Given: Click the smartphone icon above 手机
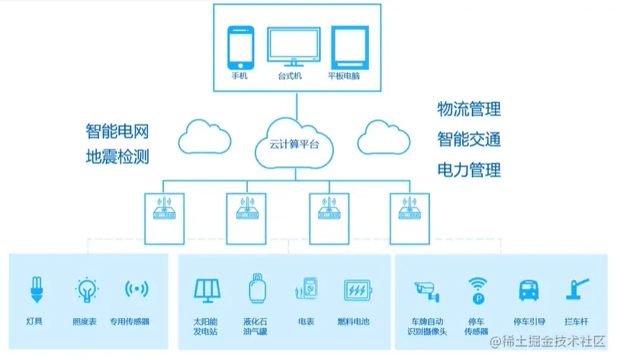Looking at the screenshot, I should pyautogui.click(x=241, y=47).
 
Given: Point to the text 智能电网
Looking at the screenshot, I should pyautogui.click(x=117, y=130).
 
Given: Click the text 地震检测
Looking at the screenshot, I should pyautogui.click(x=117, y=157).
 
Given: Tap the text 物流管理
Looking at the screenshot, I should pyautogui.click(x=468, y=110).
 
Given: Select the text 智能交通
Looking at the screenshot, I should pyautogui.click(x=468, y=139).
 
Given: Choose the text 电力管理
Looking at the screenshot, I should pyautogui.click(x=468, y=169).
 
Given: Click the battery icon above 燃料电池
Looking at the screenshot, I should pyautogui.click(x=355, y=291).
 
